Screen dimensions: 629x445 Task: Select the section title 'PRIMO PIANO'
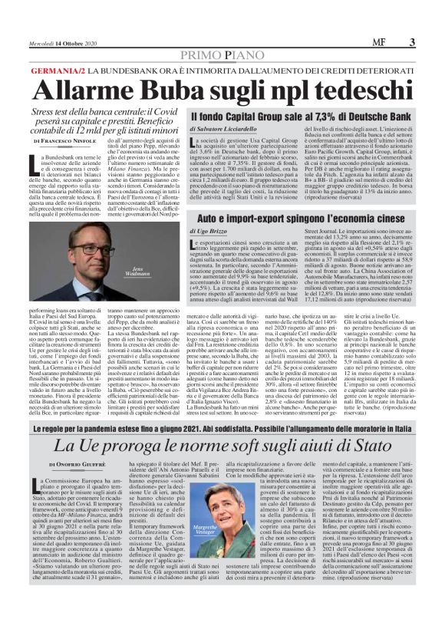[222, 58]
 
